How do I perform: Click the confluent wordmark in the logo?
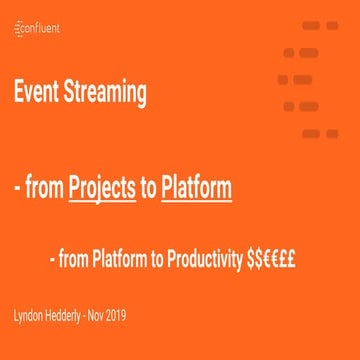coord(41,29)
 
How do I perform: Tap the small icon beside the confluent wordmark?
coord(18,29)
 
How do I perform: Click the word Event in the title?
coord(36,94)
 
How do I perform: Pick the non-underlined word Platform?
coord(124,261)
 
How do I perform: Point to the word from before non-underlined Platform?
coord(77,261)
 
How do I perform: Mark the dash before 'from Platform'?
coord(54,262)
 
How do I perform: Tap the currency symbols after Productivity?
coord(270,261)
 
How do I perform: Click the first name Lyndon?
coord(30,316)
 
